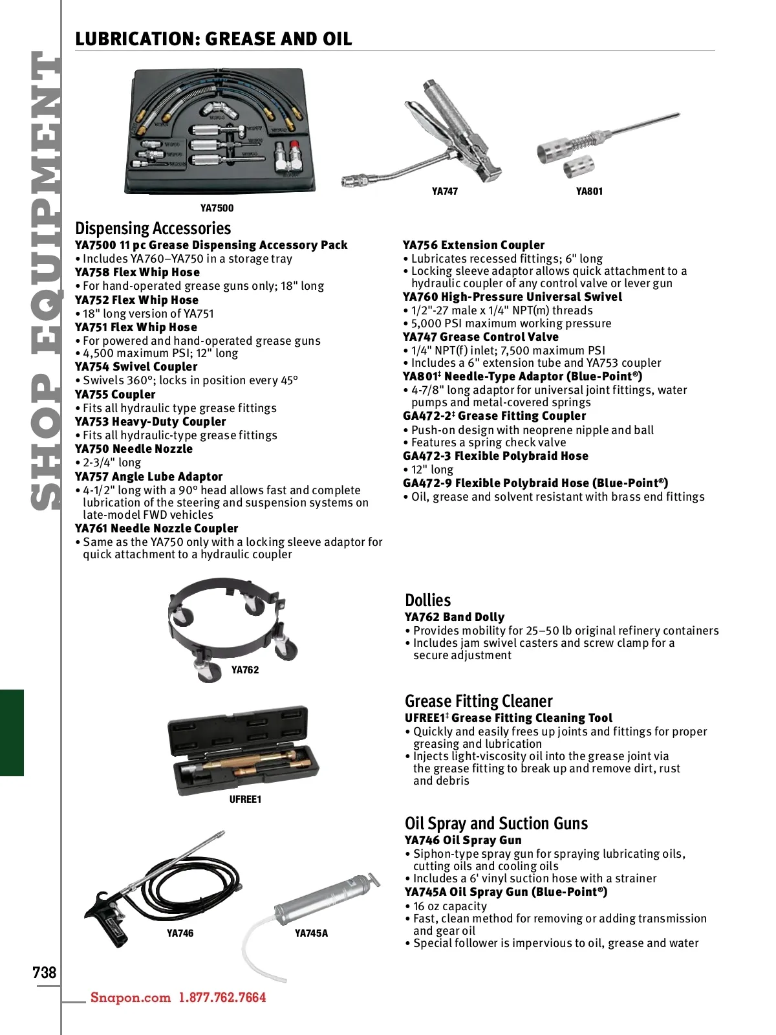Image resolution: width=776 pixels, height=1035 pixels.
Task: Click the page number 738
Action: click(x=45, y=972)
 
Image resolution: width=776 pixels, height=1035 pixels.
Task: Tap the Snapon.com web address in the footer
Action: click(x=131, y=997)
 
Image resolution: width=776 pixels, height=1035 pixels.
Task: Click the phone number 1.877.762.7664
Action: click(x=222, y=997)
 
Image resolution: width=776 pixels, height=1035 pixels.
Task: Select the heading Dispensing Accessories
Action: click(x=153, y=228)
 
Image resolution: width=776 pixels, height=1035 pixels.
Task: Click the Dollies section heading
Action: click(x=427, y=600)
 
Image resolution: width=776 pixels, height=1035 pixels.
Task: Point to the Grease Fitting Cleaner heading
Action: click(x=479, y=701)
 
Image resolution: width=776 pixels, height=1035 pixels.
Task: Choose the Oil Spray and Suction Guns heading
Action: click(x=496, y=823)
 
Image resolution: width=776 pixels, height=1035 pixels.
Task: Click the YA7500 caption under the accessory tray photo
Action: click(x=217, y=208)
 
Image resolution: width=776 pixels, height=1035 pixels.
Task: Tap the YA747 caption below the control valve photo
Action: click(x=445, y=191)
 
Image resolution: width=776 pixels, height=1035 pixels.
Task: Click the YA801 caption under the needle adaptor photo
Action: click(x=589, y=191)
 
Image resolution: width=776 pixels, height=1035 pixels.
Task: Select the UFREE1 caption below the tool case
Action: click(x=245, y=800)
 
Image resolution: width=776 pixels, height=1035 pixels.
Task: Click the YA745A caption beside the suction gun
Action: click(x=311, y=933)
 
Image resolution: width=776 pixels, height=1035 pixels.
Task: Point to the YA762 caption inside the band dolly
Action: click(x=245, y=670)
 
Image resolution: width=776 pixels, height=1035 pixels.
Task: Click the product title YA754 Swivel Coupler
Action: click(x=136, y=367)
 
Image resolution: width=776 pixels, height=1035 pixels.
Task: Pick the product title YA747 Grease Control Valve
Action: click(x=480, y=337)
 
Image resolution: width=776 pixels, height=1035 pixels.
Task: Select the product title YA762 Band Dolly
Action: click(x=455, y=617)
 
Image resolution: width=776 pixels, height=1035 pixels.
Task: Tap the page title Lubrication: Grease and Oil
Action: click(x=213, y=39)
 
